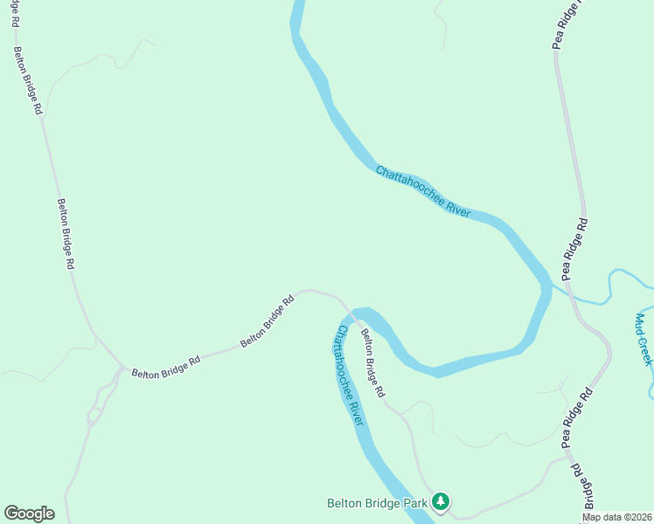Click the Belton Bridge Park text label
[x=377, y=503]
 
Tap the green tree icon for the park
[x=442, y=501]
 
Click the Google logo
[x=29, y=514]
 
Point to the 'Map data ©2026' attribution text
[x=616, y=517]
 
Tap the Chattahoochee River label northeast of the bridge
[x=423, y=191]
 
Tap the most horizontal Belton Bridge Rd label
[x=166, y=366]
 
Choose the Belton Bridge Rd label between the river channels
[x=372, y=362]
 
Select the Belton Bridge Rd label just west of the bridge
[x=268, y=321]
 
